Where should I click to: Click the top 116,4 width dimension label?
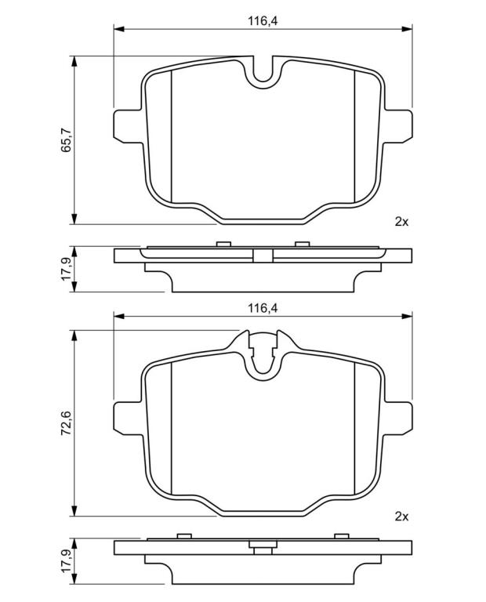coord(263,21)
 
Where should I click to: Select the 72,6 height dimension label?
coord(67,422)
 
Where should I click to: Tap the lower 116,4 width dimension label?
coord(263,308)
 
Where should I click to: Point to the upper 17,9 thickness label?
coord(67,269)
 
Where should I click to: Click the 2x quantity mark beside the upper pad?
coord(401,222)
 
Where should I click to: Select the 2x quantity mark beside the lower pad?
coord(401,517)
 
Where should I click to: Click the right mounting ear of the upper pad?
coord(397,126)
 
